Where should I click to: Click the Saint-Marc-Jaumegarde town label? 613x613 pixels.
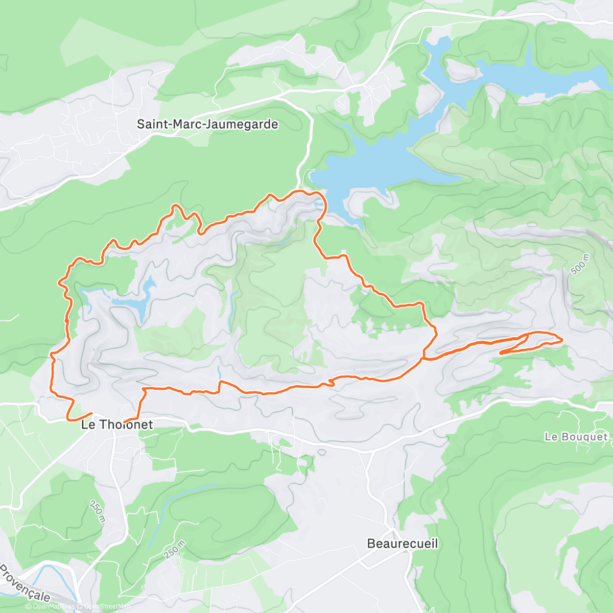[207, 124]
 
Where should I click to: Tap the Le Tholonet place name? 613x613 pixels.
[117, 425]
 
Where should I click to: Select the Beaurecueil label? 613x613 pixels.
[403, 544]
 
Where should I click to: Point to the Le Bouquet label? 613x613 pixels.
[576, 437]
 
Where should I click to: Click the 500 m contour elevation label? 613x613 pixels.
[580, 265]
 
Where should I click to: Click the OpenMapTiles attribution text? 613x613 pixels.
[53, 606]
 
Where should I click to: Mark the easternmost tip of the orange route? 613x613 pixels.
[562, 339]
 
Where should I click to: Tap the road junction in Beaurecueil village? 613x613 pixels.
[391, 526]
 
